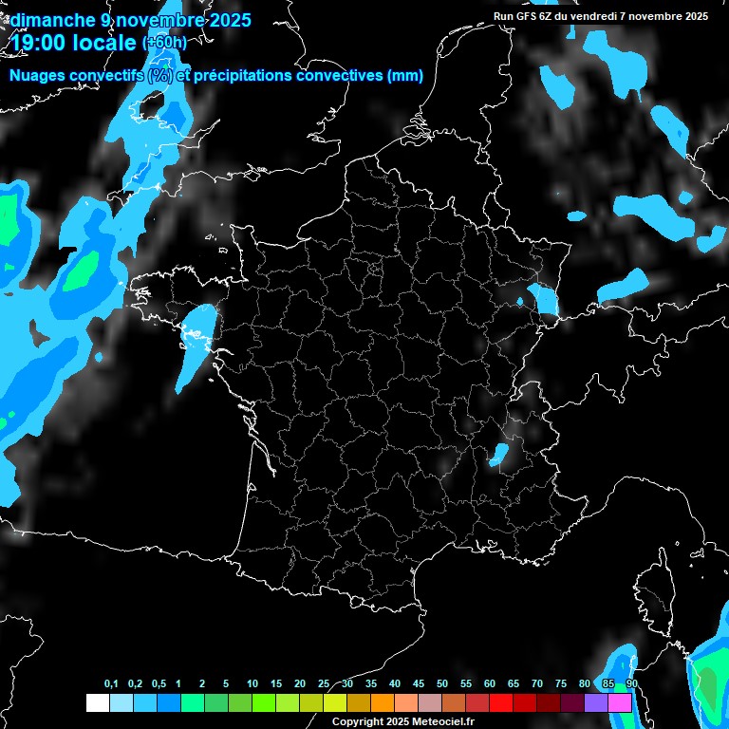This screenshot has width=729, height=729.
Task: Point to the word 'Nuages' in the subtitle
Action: (x=37, y=76)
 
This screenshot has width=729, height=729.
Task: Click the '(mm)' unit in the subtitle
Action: (x=405, y=76)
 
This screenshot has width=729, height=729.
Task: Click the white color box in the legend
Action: (x=97, y=702)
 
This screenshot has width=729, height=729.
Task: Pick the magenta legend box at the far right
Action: (x=619, y=702)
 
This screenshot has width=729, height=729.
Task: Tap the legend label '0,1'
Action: (x=111, y=684)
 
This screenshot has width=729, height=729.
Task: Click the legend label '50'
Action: (x=442, y=684)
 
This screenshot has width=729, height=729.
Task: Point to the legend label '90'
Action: (x=632, y=684)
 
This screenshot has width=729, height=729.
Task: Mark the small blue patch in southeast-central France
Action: (x=496, y=455)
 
